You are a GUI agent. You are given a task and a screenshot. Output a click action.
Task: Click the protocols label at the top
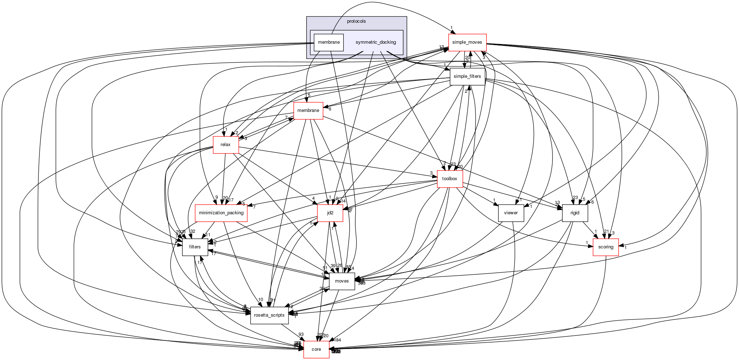pos(356,21)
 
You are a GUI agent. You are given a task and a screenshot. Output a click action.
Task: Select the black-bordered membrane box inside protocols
pos(329,42)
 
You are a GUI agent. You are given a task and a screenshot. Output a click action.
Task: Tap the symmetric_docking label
pos(376,42)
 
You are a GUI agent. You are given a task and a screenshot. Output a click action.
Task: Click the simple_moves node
pos(467,42)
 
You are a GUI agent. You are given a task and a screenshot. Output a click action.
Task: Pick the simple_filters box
pos(467,76)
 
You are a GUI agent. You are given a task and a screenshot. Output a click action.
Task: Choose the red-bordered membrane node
pos(308,111)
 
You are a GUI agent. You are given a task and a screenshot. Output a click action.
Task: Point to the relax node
pos(226,145)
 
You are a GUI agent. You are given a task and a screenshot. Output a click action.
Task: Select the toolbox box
pos(449,179)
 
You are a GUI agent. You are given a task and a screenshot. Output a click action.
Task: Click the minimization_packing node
pos(221,213)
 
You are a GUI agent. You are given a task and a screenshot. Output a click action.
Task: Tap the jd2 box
pos(330,213)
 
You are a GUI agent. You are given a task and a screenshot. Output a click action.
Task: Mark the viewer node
pos(511,213)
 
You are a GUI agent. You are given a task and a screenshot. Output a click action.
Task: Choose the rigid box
pos(575,213)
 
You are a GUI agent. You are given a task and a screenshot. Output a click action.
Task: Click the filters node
pos(195,247)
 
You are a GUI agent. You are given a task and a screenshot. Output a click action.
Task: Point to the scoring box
pos(605,247)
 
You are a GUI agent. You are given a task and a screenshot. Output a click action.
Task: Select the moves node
pos(342,281)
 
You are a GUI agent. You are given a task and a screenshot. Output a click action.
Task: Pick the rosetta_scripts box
pos(268,315)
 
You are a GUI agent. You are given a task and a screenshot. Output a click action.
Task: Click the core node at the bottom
pos(316,349)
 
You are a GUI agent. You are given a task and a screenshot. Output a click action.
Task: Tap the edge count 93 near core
pos(301,334)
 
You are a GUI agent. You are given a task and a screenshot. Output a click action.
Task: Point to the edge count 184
pos(338,340)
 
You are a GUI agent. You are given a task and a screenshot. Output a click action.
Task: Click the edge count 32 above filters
pos(193,231)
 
